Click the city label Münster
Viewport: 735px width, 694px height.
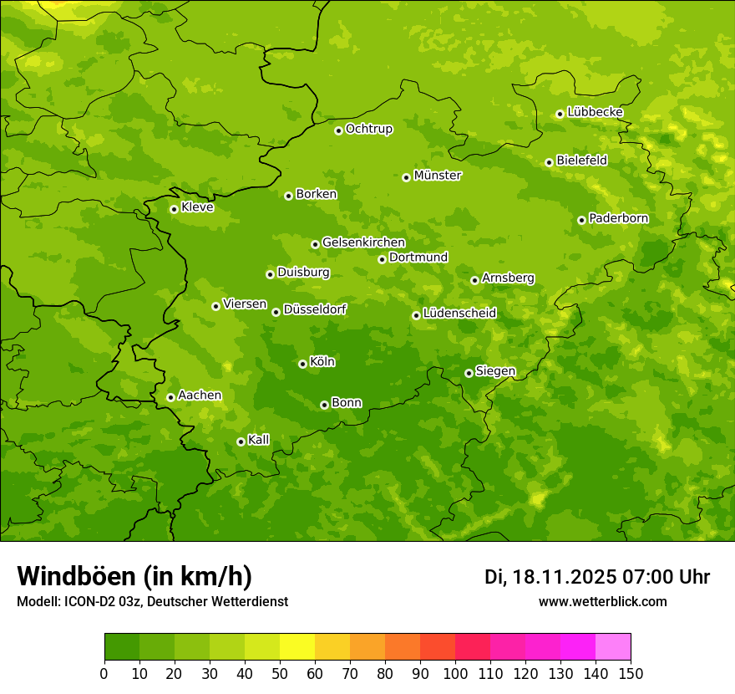[437, 176]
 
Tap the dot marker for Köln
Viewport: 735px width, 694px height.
[302, 364]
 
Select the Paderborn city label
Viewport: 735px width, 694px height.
[618, 218]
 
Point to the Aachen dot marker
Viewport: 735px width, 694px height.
[170, 397]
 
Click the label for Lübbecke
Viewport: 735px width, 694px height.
[595, 112]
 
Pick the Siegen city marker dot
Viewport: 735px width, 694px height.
[469, 373]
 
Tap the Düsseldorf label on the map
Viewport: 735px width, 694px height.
[314, 309]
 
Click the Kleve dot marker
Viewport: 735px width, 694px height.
[174, 209]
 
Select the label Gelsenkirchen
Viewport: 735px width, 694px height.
[363, 242]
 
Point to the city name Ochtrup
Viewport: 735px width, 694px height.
[368, 129]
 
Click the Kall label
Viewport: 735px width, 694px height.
[259, 440]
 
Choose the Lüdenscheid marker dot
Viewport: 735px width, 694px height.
[416, 315]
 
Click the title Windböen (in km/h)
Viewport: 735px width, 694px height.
[134, 576]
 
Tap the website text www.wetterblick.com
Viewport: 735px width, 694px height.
[602, 601]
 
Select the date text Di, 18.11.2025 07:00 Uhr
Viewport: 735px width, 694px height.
[597, 577]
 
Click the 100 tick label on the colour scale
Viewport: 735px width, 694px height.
[455, 674]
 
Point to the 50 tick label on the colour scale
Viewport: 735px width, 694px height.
[280, 674]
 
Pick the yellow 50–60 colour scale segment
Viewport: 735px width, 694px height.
[297, 647]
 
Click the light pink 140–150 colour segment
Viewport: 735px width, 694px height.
[613, 647]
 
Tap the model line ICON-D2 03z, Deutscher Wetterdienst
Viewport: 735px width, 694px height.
[152, 601]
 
